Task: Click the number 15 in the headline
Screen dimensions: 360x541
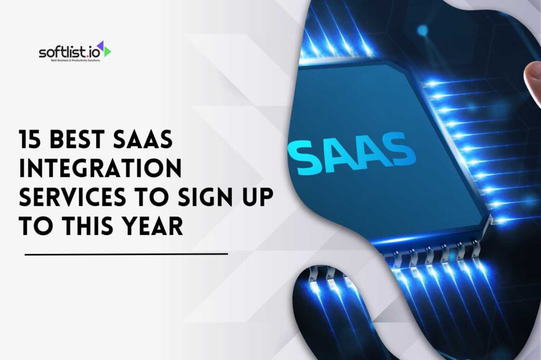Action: coord(31,141)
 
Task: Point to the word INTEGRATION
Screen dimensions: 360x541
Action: coord(100,170)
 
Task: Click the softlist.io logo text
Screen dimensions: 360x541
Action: coord(69,52)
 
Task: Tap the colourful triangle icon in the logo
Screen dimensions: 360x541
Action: coord(105,50)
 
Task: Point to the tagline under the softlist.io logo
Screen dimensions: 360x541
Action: coord(71,61)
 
